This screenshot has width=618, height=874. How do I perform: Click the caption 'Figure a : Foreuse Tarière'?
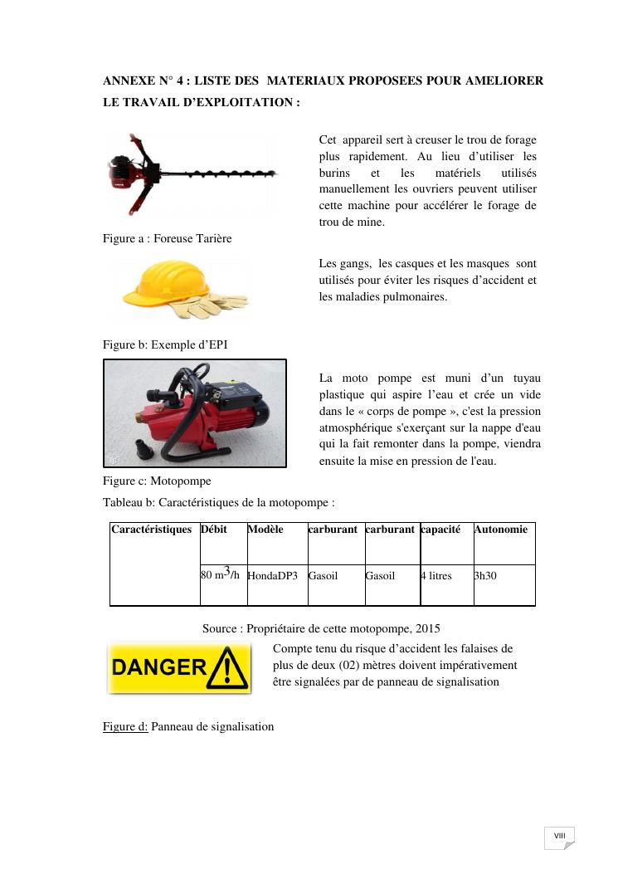point(167,238)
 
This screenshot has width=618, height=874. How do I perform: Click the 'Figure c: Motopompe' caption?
point(157,481)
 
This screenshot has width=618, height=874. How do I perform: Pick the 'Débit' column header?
point(213,530)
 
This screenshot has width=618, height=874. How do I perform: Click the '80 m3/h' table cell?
point(221,574)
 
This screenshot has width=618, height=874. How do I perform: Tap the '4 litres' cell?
point(436,575)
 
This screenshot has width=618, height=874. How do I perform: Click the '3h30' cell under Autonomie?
point(485,575)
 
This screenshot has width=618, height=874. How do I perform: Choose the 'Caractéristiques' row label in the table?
point(152,530)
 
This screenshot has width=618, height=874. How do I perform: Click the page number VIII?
point(559,835)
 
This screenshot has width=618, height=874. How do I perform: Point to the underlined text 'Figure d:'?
point(125,726)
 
